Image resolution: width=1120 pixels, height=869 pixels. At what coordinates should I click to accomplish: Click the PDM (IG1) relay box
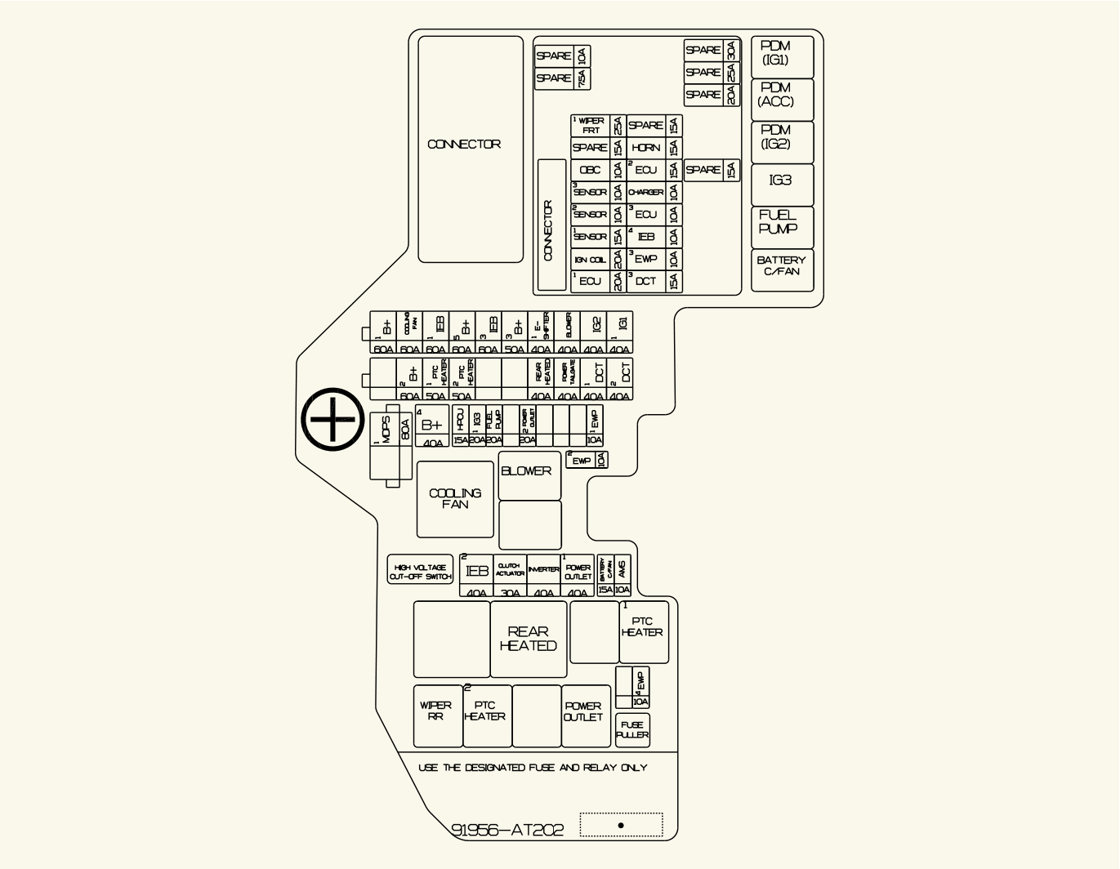782,56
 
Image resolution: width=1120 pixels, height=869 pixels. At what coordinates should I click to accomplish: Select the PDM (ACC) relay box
782,99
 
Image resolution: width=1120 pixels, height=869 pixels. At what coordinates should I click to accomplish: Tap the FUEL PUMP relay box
782,226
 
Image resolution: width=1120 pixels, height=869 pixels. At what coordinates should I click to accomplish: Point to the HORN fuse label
645,148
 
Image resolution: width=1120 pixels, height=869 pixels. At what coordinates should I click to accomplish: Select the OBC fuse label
590,170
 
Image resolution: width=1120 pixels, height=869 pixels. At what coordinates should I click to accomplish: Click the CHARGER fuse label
645,193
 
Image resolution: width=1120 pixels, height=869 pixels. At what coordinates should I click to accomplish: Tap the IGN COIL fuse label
590,260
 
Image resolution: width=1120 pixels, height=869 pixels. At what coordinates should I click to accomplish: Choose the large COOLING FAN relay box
455,499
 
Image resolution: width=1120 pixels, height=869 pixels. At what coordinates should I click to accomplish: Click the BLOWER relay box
529,475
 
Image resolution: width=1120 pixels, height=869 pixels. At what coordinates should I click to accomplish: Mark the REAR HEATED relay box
528,639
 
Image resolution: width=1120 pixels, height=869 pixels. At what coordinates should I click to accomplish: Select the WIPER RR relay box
437,715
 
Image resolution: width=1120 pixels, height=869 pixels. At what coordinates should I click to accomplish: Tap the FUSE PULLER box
632,730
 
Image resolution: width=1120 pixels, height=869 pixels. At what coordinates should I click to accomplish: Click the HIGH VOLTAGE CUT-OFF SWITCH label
420,572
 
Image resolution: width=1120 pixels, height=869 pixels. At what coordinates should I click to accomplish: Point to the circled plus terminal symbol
332,419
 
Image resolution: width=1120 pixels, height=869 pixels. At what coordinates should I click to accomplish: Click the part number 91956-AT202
507,830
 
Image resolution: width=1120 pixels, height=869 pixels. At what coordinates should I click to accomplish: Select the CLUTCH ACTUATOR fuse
510,576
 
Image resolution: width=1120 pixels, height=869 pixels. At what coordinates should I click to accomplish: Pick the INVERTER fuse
543,576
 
